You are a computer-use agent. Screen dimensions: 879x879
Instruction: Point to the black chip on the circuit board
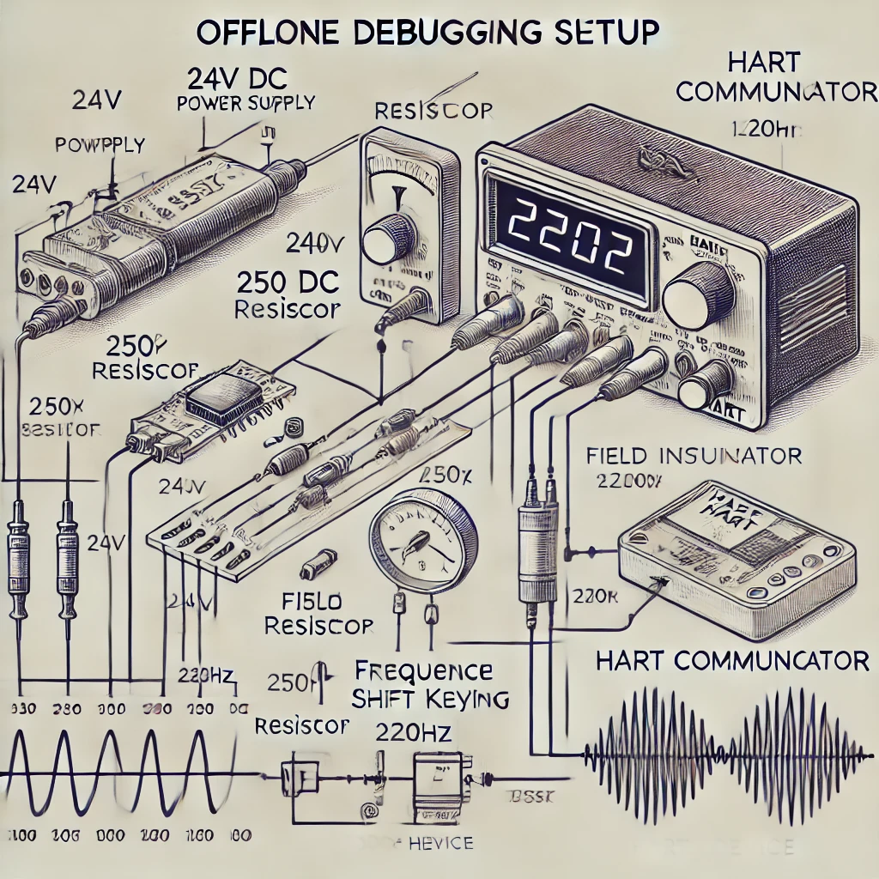214,399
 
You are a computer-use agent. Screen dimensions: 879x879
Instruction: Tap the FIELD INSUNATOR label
694,454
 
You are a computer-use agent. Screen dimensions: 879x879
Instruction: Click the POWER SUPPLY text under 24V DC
245,103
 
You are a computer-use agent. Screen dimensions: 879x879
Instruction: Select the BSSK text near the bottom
533,795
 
